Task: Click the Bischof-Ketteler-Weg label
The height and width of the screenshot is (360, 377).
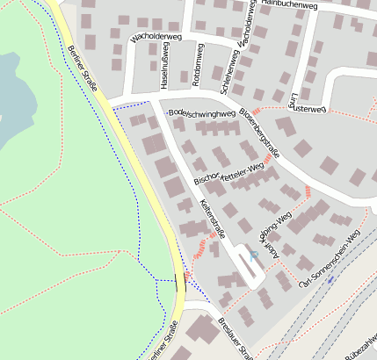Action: coord(228,173)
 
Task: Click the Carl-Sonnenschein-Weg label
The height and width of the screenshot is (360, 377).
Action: coord(330,260)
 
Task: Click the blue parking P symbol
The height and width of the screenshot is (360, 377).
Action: coord(254,256)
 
